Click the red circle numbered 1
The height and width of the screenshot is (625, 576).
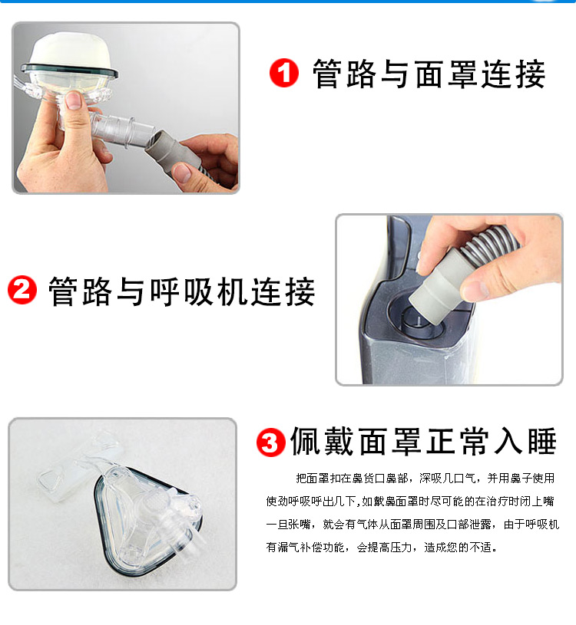coord(284,73)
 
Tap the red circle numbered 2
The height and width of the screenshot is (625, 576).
coord(22,290)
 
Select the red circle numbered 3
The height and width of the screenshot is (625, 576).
coord(270,442)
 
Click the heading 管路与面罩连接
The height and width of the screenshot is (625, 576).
coord(429,74)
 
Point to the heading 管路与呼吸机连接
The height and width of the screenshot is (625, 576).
coord(182,291)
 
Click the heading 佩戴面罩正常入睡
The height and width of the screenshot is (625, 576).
coord(423,441)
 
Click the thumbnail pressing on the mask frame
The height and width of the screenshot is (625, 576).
coord(73,100)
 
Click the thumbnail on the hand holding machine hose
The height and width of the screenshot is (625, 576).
coord(475,290)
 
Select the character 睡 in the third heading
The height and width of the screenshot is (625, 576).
coord(542,441)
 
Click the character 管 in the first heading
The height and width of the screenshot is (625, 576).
coord(327,74)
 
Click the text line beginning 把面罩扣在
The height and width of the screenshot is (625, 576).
coord(425,478)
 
